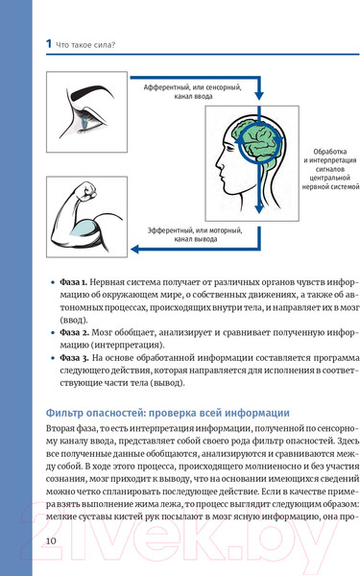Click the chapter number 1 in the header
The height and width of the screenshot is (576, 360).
pyautogui.click(x=36, y=41)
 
